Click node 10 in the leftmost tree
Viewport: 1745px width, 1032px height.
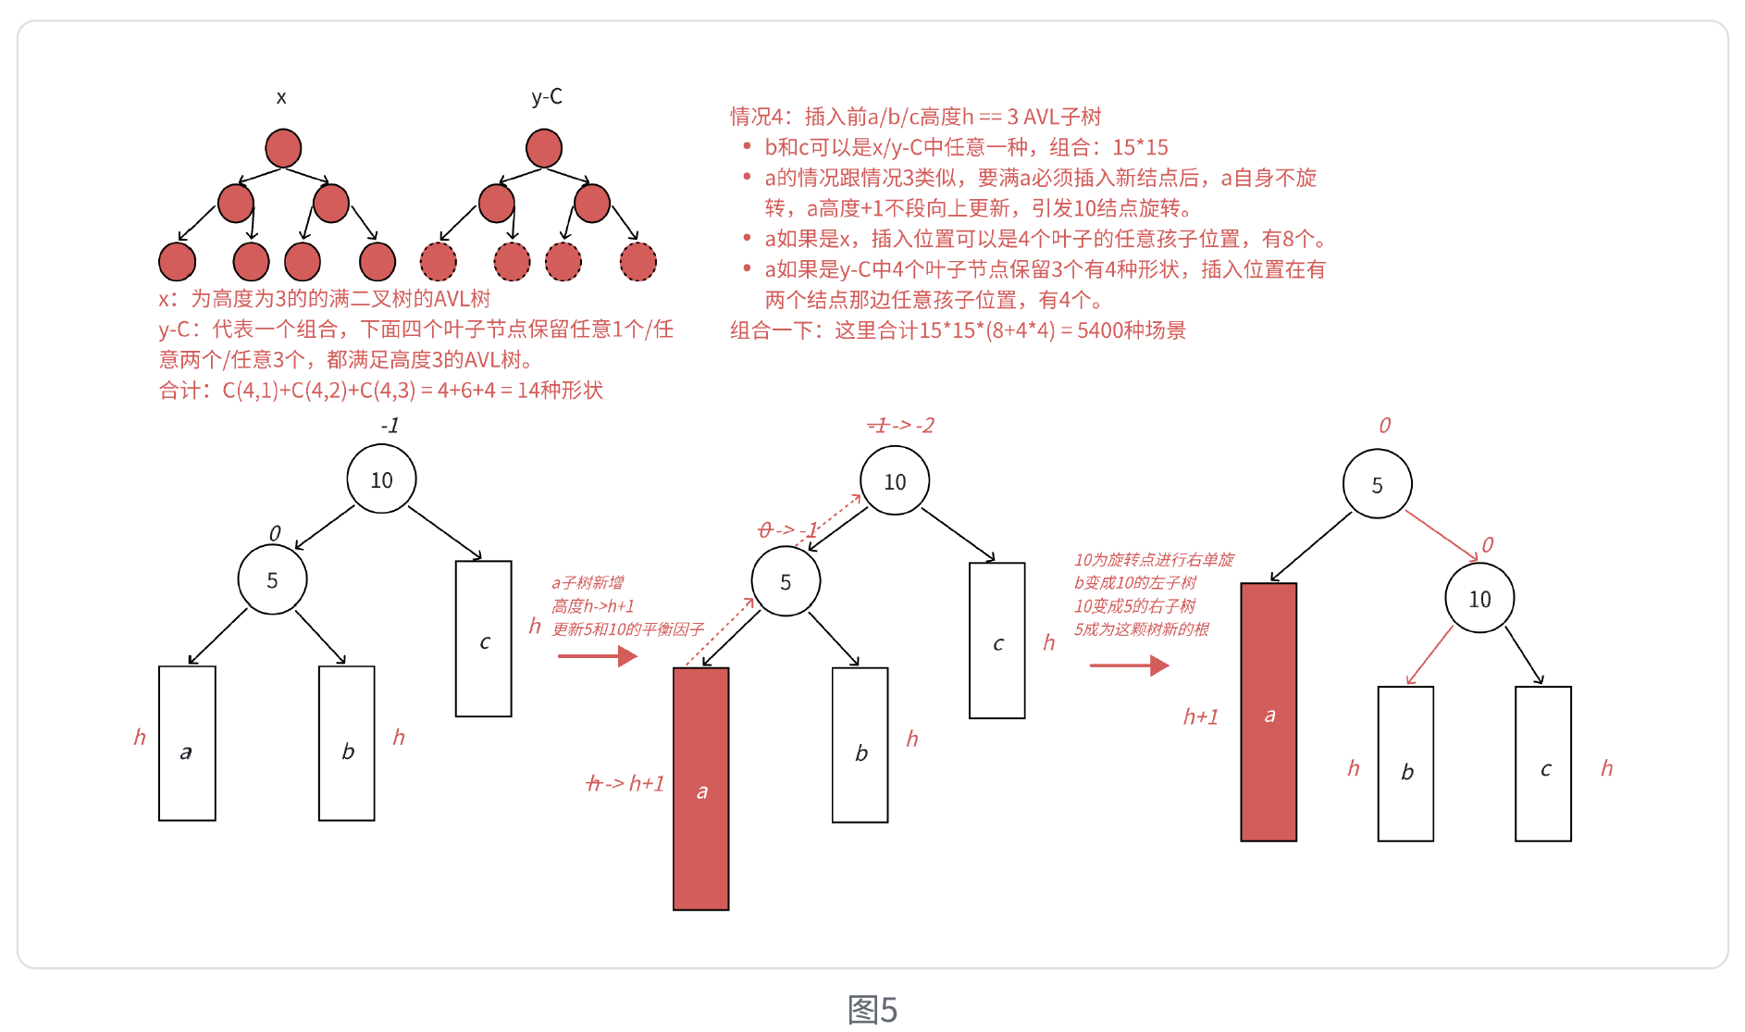click(381, 479)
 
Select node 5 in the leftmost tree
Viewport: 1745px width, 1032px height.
click(272, 579)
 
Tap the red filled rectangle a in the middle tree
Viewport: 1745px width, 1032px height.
click(701, 789)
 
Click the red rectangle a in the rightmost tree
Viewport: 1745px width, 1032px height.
click(1269, 712)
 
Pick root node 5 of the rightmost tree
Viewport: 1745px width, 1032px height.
click(1377, 484)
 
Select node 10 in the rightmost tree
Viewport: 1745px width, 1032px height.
click(1479, 599)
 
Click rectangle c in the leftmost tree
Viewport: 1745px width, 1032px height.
click(484, 639)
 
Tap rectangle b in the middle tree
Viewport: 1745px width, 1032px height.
click(860, 745)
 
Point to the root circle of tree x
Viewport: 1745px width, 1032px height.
click(283, 148)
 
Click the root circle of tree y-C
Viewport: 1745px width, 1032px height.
click(544, 148)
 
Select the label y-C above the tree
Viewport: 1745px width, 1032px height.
click(547, 96)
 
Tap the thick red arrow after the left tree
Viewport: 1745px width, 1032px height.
click(598, 656)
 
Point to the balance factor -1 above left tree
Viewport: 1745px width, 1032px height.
click(390, 426)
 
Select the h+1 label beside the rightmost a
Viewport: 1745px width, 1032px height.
click(1201, 716)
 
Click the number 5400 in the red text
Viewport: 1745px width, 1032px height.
click(1101, 330)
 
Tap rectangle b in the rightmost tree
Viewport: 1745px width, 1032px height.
click(1406, 765)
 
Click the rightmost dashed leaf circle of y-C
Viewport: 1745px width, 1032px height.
click(637, 262)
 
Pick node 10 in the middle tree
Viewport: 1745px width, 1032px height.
click(895, 481)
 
